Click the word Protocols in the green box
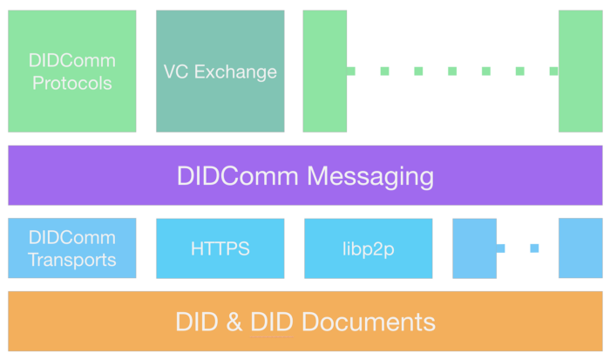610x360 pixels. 72,84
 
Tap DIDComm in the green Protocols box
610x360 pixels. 72,62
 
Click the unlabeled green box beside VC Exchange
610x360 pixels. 324,71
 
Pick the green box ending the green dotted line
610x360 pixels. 580,71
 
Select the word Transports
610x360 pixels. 72,260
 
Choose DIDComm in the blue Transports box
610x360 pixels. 72,238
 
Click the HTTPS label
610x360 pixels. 220,248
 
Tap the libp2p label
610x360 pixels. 369,248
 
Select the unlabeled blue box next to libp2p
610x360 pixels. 474,248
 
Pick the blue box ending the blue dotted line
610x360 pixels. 580,248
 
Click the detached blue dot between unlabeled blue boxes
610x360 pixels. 534,248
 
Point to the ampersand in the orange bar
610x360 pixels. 234,322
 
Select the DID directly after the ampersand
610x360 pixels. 271,322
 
